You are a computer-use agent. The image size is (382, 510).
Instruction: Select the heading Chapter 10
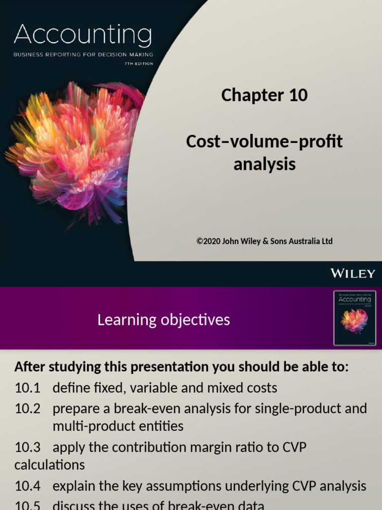pyautogui.click(x=264, y=95)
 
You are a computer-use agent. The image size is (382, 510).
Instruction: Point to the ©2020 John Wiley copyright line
pyautogui.click(x=264, y=241)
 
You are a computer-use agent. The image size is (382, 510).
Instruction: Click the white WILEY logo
pyautogui.click(x=353, y=273)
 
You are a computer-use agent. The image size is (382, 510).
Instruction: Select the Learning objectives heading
pyautogui.click(x=164, y=320)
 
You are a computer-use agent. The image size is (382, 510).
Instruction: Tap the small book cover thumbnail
pyautogui.click(x=354, y=318)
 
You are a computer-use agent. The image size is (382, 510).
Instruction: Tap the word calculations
pyautogui.click(x=50, y=465)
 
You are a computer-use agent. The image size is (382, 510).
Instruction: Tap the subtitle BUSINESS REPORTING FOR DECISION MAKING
pyautogui.click(x=83, y=54)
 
